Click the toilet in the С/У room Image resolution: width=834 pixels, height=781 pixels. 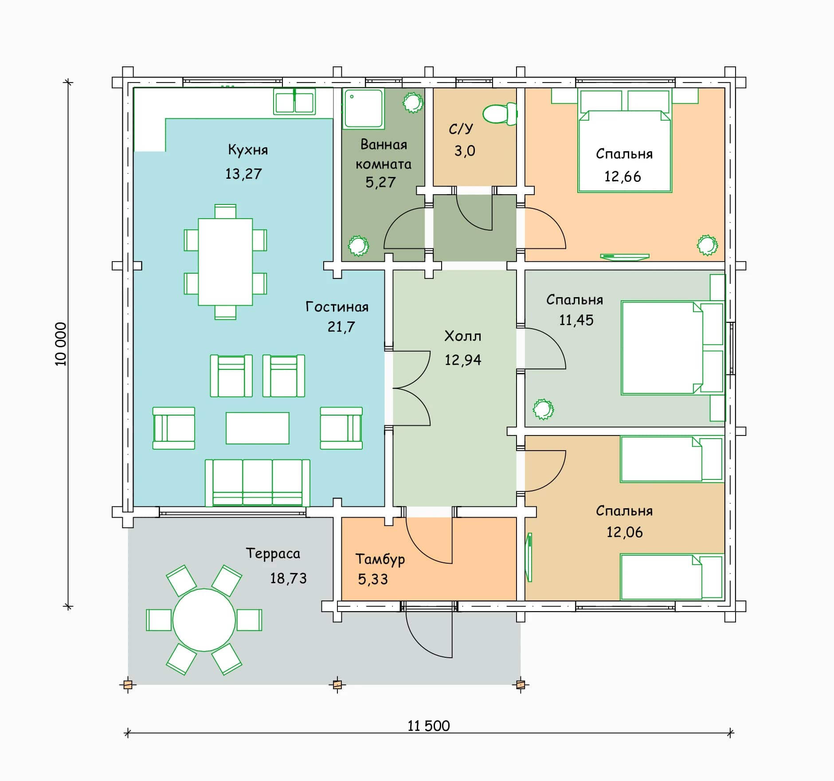pyautogui.click(x=500, y=114)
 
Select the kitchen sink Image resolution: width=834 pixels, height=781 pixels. pyautogui.click(x=294, y=102)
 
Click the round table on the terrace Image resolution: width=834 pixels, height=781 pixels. pyautogui.click(x=204, y=620)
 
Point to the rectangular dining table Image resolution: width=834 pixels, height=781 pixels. pyautogui.click(x=225, y=262)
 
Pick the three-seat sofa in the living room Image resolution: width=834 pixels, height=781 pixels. pyautogui.click(x=257, y=483)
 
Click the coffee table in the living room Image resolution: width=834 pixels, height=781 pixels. pyautogui.click(x=258, y=428)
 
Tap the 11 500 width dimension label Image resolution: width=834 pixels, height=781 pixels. pyautogui.click(x=429, y=726)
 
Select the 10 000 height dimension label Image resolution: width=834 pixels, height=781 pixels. pyautogui.click(x=61, y=344)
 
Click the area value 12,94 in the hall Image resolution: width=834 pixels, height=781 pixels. pyautogui.click(x=463, y=360)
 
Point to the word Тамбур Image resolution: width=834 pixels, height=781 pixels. pyautogui.click(x=380, y=559)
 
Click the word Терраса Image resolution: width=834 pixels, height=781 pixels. pyautogui.click(x=273, y=553)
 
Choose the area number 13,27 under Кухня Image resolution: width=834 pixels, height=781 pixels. pyautogui.click(x=243, y=173)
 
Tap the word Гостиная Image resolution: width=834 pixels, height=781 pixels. pyautogui.click(x=337, y=306)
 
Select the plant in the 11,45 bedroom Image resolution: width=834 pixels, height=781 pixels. pyautogui.click(x=543, y=409)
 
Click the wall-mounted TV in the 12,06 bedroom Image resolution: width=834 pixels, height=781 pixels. pyautogui.click(x=529, y=557)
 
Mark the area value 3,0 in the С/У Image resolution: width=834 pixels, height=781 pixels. pyautogui.click(x=465, y=151)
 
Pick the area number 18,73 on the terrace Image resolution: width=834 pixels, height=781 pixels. pyautogui.click(x=289, y=578)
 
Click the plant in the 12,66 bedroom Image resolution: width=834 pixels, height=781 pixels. pyautogui.click(x=707, y=245)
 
